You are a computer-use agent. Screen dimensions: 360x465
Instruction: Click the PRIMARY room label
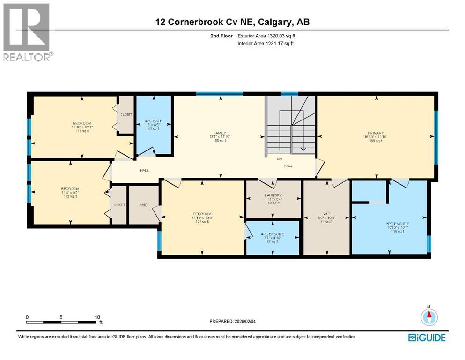pos(377,133)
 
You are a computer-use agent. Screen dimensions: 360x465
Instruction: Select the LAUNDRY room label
pos(272,195)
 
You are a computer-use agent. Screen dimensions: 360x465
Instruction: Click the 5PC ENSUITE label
pos(398,224)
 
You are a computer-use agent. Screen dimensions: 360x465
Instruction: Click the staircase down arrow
pos(303,148)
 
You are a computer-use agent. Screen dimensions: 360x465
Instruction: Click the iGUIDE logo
pos(427,337)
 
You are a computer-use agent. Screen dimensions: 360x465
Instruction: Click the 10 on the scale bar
pos(97,317)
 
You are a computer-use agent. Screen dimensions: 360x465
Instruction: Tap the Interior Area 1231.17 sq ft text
pos(265,44)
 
